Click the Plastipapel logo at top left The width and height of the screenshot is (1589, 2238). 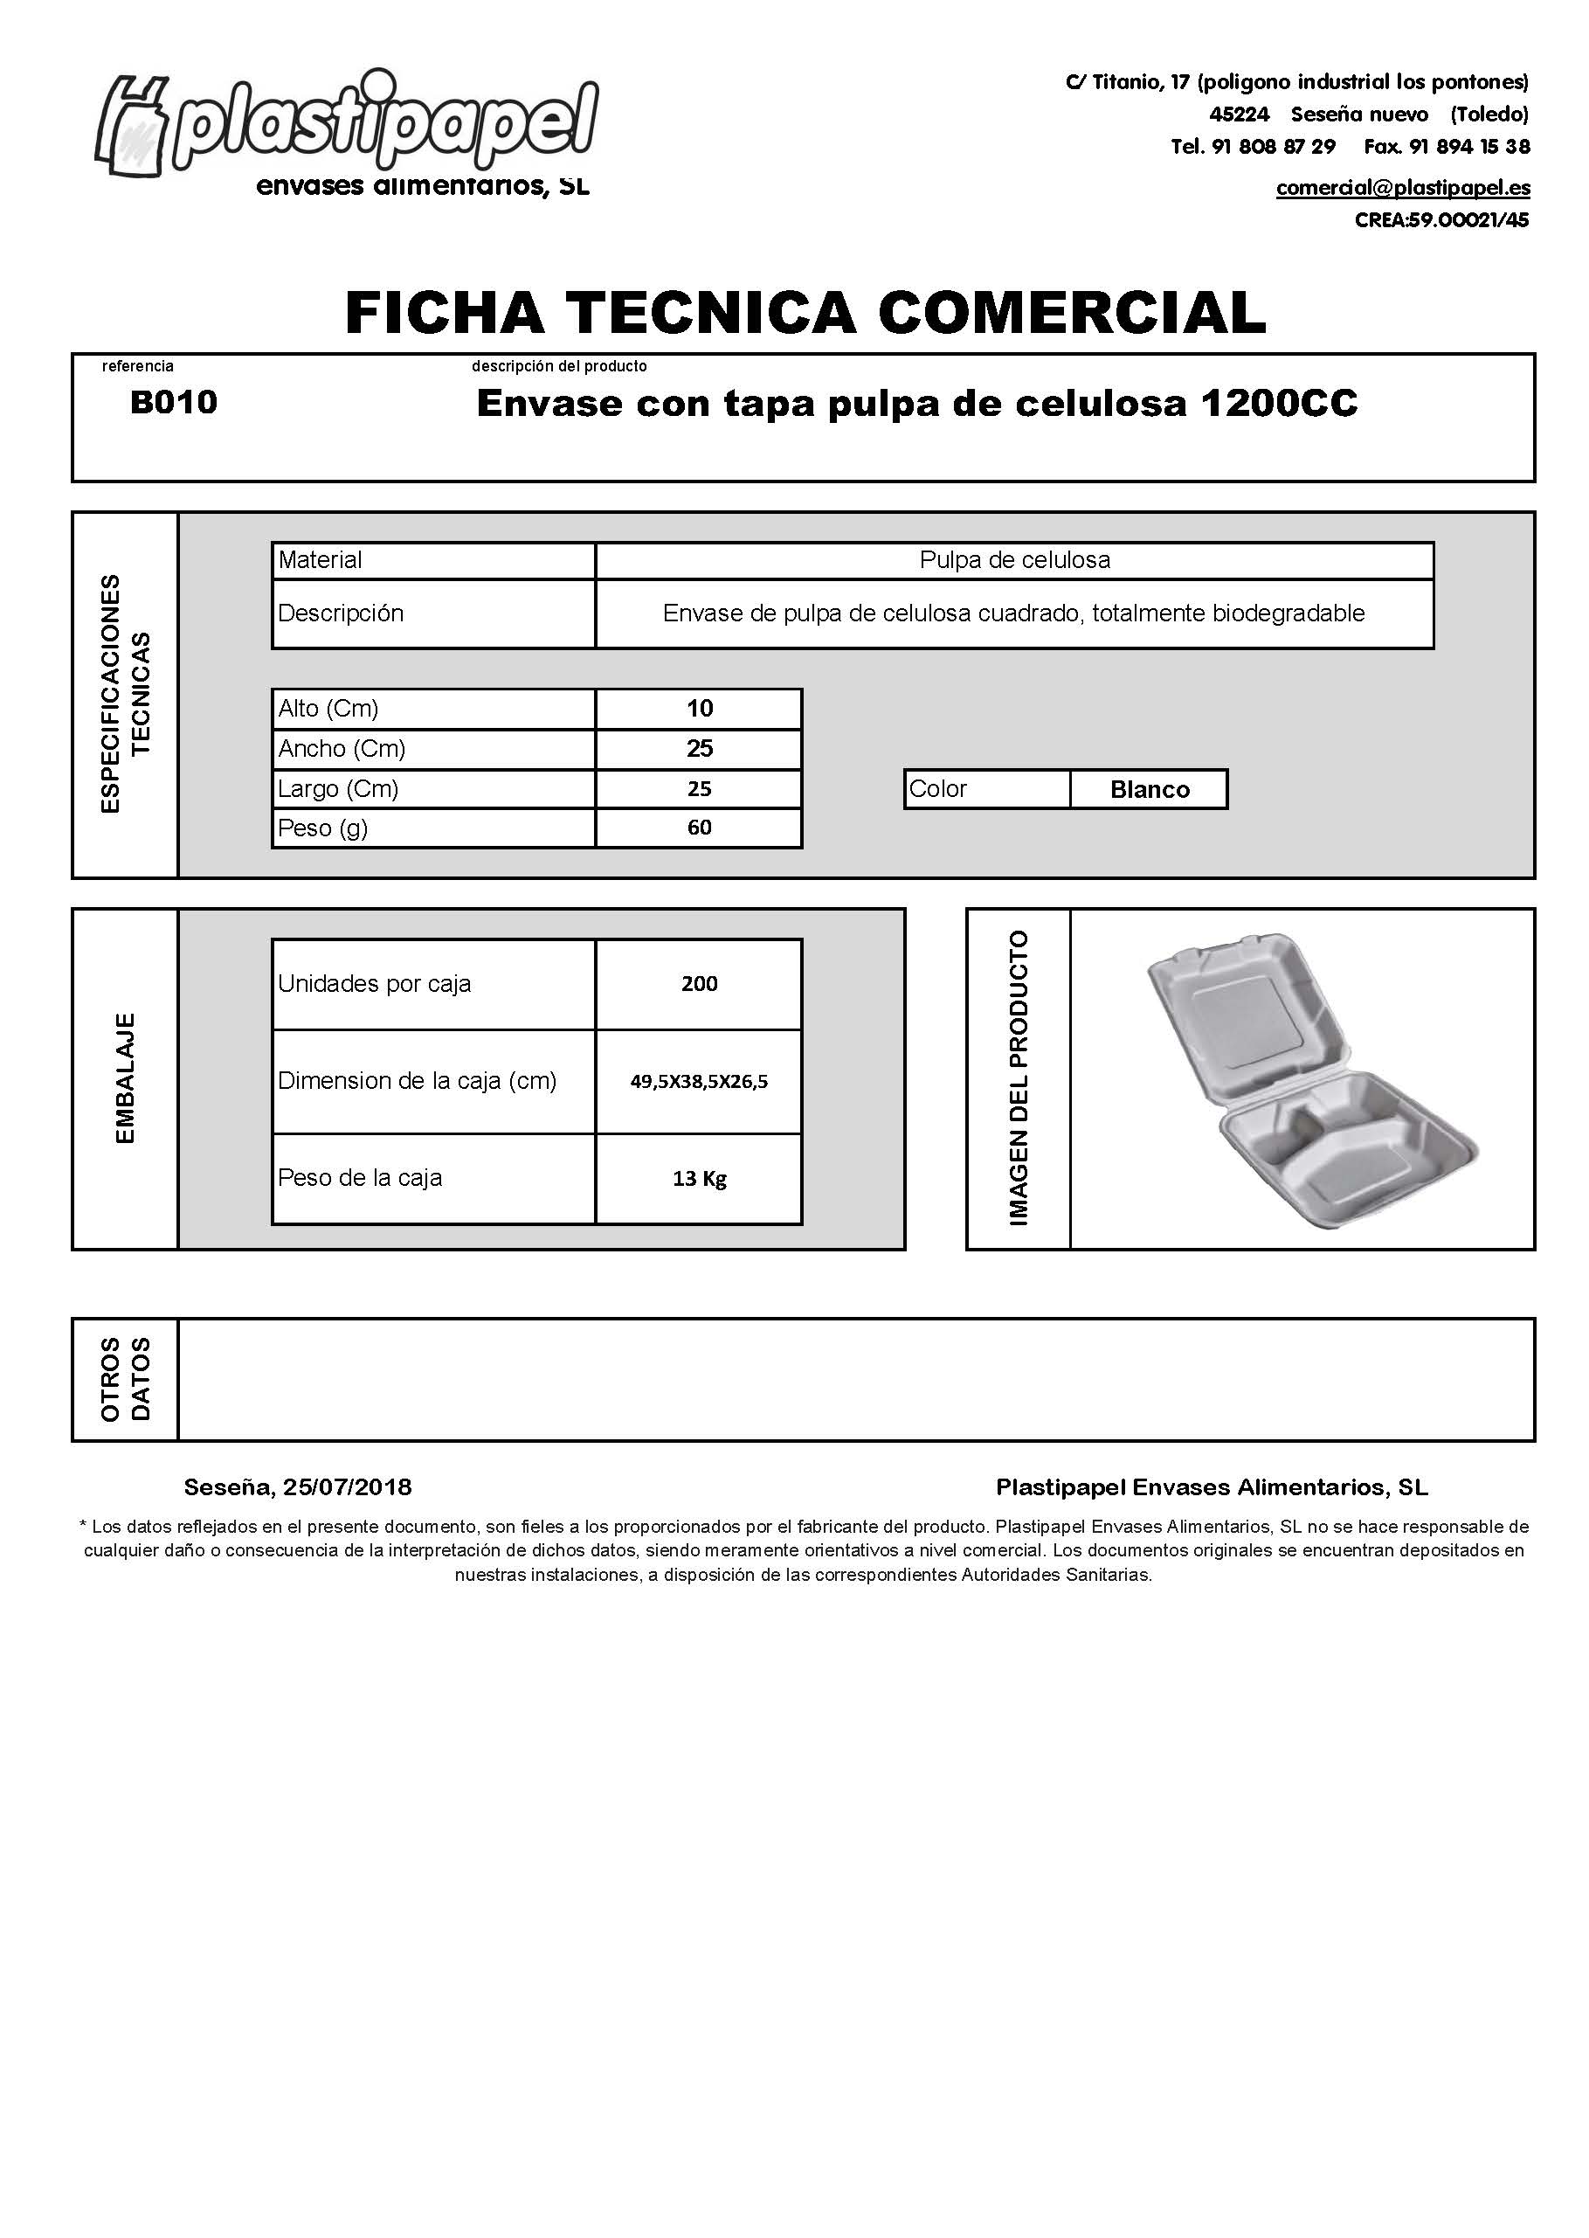(348, 132)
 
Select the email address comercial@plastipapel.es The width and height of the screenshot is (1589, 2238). (1402, 188)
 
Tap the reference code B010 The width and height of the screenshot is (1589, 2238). (173, 402)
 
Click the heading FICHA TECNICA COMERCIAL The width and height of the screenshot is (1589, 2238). (805, 312)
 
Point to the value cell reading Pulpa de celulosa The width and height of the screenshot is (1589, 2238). (1015, 561)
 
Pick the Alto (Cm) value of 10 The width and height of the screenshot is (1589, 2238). (700, 709)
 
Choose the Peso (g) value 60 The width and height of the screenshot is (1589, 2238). (700, 828)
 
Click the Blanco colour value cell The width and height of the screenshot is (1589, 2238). (1150, 790)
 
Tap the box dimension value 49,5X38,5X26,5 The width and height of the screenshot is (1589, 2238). (700, 1081)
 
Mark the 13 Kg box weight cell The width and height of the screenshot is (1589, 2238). (700, 1178)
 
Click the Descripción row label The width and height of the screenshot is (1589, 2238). (341, 613)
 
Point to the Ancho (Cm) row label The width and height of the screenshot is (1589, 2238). (342, 749)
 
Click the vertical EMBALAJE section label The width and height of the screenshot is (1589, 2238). (125, 1078)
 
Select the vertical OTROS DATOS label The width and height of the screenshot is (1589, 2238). (125, 1379)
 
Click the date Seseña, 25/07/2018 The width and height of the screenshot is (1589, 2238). (298, 1487)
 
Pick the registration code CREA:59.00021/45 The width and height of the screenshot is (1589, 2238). (1441, 220)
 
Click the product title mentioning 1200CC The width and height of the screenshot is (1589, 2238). (917, 403)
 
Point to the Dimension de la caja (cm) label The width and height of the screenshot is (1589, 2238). (417, 1080)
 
